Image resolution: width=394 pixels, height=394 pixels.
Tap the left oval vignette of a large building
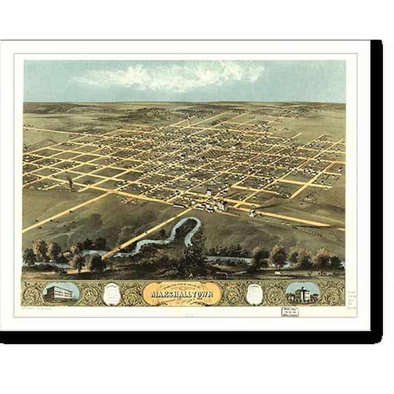pos(61,293)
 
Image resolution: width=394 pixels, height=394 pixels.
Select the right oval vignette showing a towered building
pos(302,293)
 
